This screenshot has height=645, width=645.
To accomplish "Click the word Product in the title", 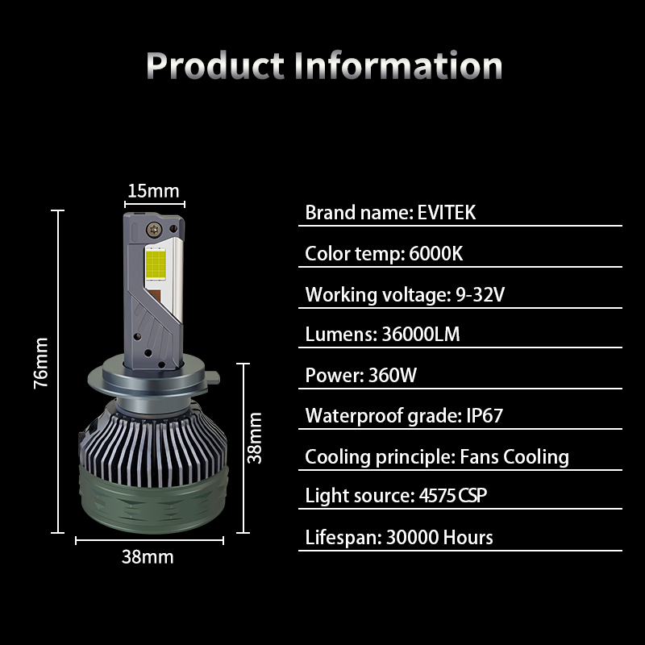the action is click(214, 65).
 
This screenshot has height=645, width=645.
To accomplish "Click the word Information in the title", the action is click(398, 64).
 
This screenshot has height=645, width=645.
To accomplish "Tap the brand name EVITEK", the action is click(447, 213).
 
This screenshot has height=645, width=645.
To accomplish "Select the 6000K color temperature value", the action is click(435, 253).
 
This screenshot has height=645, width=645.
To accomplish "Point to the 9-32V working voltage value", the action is click(480, 294).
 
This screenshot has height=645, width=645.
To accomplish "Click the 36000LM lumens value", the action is click(420, 334).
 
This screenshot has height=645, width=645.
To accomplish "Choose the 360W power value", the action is click(393, 375).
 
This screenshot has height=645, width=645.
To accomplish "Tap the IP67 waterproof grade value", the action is click(485, 415).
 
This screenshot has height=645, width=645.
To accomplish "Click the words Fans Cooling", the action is click(514, 457).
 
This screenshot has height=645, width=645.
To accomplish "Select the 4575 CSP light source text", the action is click(453, 495).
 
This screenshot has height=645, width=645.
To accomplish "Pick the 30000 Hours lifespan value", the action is click(439, 537).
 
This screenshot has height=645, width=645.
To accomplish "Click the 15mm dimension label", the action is click(153, 191).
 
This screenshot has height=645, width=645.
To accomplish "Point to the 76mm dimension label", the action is click(41, 364).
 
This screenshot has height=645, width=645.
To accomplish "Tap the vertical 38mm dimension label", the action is click(255, 439).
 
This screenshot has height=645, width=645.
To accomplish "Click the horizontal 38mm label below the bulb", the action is click(148, 557).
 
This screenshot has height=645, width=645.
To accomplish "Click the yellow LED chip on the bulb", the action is click(156, 263).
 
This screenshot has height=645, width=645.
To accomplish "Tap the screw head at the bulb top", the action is click(155, 229).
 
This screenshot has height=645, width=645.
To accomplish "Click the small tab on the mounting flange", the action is click(213, 377).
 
